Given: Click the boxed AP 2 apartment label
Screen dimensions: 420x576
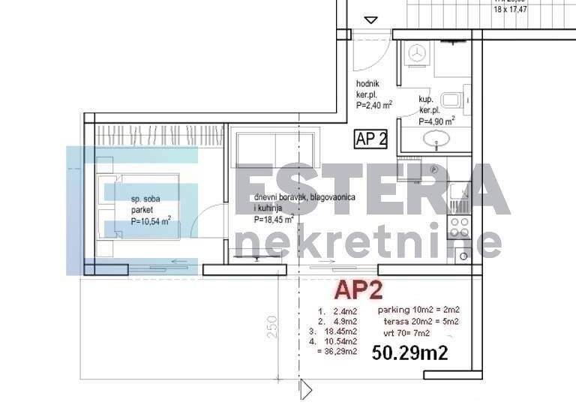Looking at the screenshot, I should click(371, 139).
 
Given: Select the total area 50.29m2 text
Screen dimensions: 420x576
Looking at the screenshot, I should click(410, 352).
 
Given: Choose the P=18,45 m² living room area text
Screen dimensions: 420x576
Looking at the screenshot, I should click(273, 220).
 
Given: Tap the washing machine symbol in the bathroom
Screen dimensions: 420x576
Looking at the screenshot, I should click(416, 54).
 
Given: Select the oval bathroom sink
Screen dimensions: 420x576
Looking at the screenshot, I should click(433, 139).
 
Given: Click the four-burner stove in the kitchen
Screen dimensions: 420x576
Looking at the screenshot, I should click(459, 227).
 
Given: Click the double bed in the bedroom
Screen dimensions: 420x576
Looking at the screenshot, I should click(139, 208).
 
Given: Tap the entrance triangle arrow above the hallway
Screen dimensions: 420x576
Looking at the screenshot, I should click(371, 20).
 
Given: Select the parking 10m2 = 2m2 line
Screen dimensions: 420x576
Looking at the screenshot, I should click(418, 310).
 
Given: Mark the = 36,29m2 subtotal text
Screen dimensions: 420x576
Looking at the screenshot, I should click(337, 351).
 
